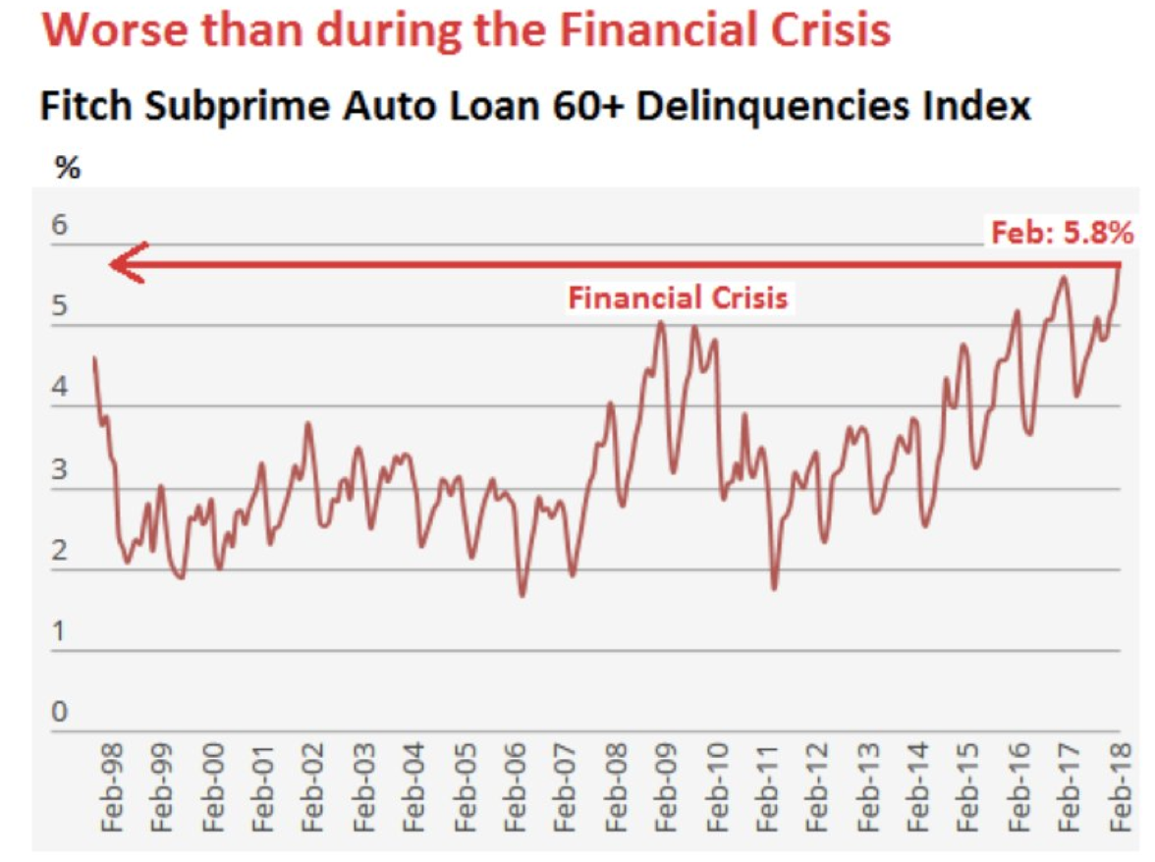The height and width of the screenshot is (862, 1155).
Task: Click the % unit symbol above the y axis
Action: pyautogui.click(x=68, y=169)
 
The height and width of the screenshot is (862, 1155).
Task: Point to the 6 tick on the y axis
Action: pyautogui.click(x=60, y=226)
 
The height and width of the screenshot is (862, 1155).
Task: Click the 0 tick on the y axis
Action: pyautogui.click(x=60, y=714)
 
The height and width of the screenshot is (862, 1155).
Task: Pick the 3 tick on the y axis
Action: pyautogui.click(x=60, y=470)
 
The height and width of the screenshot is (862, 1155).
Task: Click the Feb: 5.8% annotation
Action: pyautogui.click(x=1063, y=234)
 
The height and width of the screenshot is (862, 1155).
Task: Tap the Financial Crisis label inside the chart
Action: pyautogui.click(x=678, y=297)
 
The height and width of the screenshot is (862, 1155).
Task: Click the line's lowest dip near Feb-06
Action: pyautogui.click(x=522, y=595)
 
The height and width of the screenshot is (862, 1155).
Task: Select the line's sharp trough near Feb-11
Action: pyautogui.click(x=774, y=588)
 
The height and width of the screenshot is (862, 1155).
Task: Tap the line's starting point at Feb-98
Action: pyautogui.click(x=93, y=358)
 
